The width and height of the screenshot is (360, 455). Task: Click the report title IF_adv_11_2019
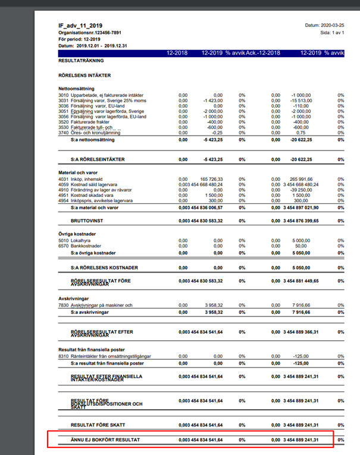[80, 26]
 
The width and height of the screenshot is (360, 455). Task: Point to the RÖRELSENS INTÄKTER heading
[85, 76]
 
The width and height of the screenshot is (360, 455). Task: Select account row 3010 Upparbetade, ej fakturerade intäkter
[101, 95]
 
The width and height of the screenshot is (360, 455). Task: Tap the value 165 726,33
[208, 178]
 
